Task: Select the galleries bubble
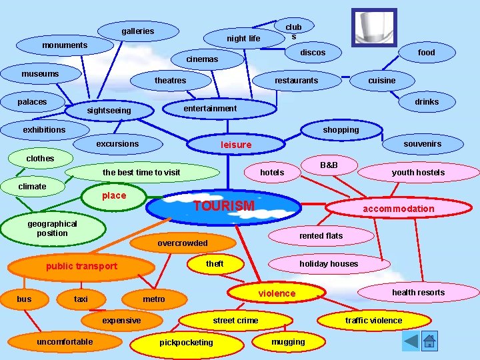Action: [x=138, y=31]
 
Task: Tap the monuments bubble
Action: [x=65, y=45]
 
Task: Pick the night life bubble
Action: [x=243, y=39]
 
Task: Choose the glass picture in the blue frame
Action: [x=374, y=27]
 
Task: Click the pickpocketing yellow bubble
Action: [x=187, y=343]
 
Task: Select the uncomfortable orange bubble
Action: [x=65, y=342]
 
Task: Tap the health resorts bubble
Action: [x=418, y=292]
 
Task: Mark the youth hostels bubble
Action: [x=418, y=173]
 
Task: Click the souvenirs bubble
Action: [x=422, y=143]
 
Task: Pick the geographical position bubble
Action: [x=53, y=229]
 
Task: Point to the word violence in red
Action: [x=277, y=293]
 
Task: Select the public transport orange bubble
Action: [x=81, y=267]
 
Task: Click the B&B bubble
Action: [x=329, y=164]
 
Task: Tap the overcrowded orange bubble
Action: [x=183, y=243]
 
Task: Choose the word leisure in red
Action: [x=236, y=145]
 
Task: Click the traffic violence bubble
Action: [x=373, y=321]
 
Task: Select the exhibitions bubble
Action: [x=45, y=129]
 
